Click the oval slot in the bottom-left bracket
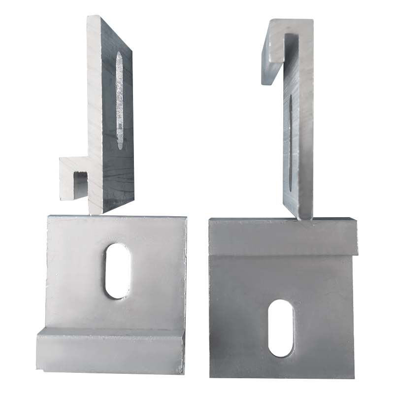click(117, 270)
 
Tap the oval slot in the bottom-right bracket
click(281, 328)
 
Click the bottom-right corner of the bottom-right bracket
click(353, 376)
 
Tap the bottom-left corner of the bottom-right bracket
click(211, 376)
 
